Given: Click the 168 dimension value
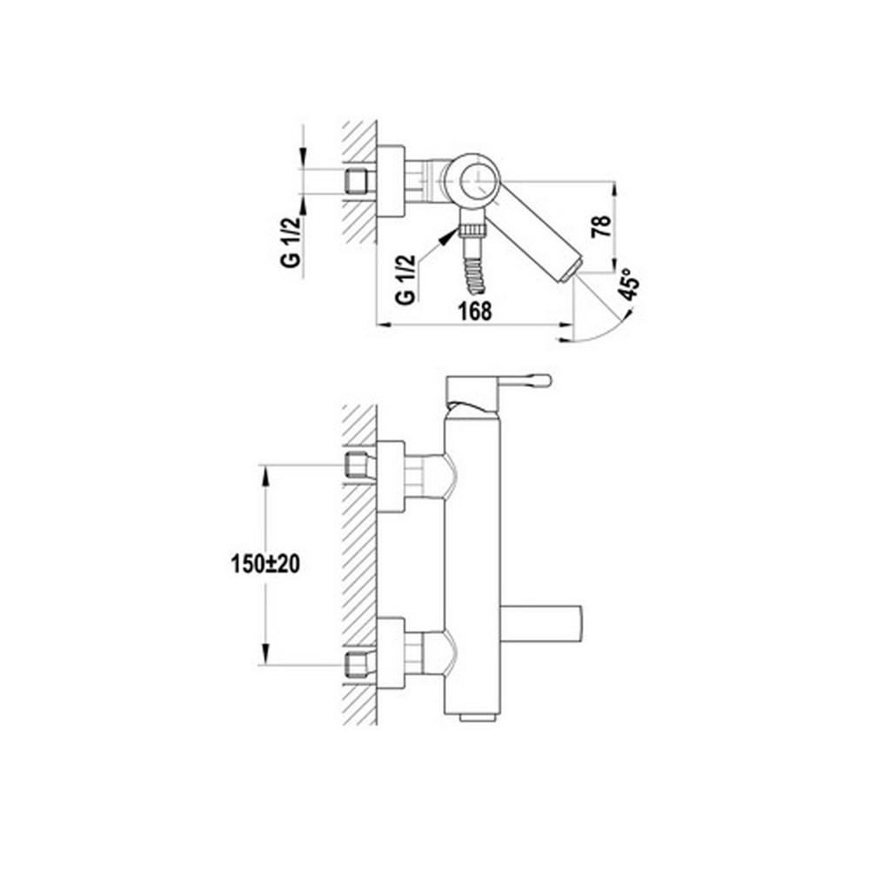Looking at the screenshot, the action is [475, 311].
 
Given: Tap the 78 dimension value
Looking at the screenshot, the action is [602, 226].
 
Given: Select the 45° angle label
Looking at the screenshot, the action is [630, 284].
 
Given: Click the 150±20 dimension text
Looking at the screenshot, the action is [265, 564].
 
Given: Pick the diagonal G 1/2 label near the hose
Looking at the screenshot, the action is [405, 280].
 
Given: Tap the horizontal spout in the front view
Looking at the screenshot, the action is [541, 624].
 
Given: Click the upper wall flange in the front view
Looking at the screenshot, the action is [391, 477].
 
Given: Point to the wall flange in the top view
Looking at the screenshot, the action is [391, 181].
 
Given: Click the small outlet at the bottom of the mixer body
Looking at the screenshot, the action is [477, 718].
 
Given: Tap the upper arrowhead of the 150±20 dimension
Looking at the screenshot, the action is [265, 476].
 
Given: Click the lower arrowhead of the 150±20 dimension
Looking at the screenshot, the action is [265, 653].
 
